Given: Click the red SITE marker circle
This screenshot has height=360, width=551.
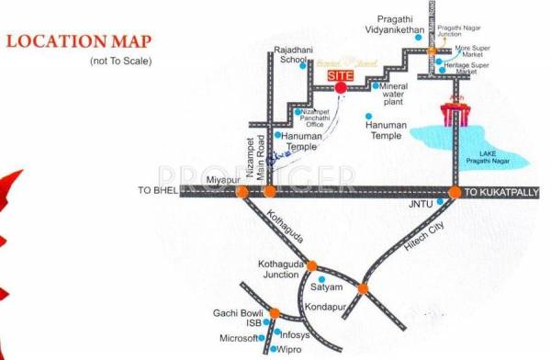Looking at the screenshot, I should [341, 87].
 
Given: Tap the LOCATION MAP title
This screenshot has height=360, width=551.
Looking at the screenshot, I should [80, 42].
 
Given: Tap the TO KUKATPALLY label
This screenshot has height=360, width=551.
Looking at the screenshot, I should [502, 192].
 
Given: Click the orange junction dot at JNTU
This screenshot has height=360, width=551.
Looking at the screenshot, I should [455, 192].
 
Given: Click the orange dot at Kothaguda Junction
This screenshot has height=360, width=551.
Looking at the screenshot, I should [311, 264].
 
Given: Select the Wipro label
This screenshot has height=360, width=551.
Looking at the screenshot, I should [290, 351].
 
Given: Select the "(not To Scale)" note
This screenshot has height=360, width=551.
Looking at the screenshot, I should [120, 61].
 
